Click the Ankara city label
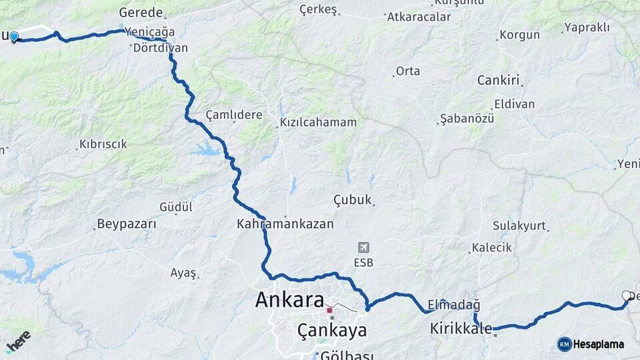tap(289, 300)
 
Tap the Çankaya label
tap(331, 331)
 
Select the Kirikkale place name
tap(461, 329)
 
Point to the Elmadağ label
tap(453, 304)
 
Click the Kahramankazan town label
tap(285, 224)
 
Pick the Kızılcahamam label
tap(318, 123)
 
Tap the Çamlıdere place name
tap(234, 115)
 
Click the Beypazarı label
tap(126, 224)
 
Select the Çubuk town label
tap(351, 199)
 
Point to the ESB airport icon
tap(363, 248)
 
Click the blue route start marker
tap(13, 37)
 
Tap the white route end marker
tap(626, 295)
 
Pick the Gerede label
tap(141, 13)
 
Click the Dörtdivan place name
tap(160, 48)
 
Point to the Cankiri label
tap(498, 81)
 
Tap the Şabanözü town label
tap(467, 119)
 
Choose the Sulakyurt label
tap(519, 225)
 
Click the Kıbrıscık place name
tap(103, 144)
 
